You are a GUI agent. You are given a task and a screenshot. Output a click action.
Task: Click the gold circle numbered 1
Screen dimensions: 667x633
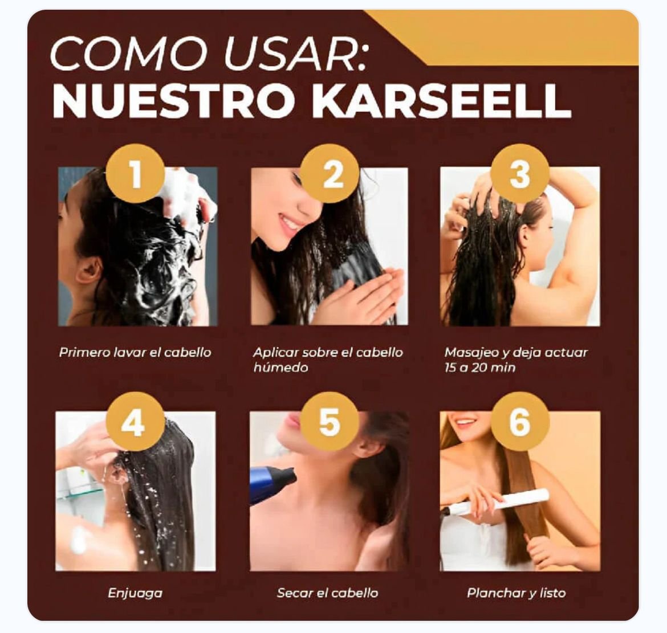tap(135, 173)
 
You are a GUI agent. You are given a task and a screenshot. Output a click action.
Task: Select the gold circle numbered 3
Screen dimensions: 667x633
tap(520, 173)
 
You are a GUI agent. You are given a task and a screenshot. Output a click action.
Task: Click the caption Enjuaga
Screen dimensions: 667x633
tap(135, 593)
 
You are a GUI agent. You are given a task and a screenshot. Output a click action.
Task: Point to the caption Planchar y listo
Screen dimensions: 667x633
tap(516, 593)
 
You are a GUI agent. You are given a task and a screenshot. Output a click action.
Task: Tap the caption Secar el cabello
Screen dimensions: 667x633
tap(328, 593)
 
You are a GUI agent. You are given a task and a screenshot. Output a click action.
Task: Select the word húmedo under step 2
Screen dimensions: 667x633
tap(280, 367)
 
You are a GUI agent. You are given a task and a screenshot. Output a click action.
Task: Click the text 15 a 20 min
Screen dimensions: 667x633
tap(480, 367)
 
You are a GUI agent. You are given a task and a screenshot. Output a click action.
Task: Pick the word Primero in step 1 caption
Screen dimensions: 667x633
tap(84, 353)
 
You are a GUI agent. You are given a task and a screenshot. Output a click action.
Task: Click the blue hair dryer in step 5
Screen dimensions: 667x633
tap(273, 484)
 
